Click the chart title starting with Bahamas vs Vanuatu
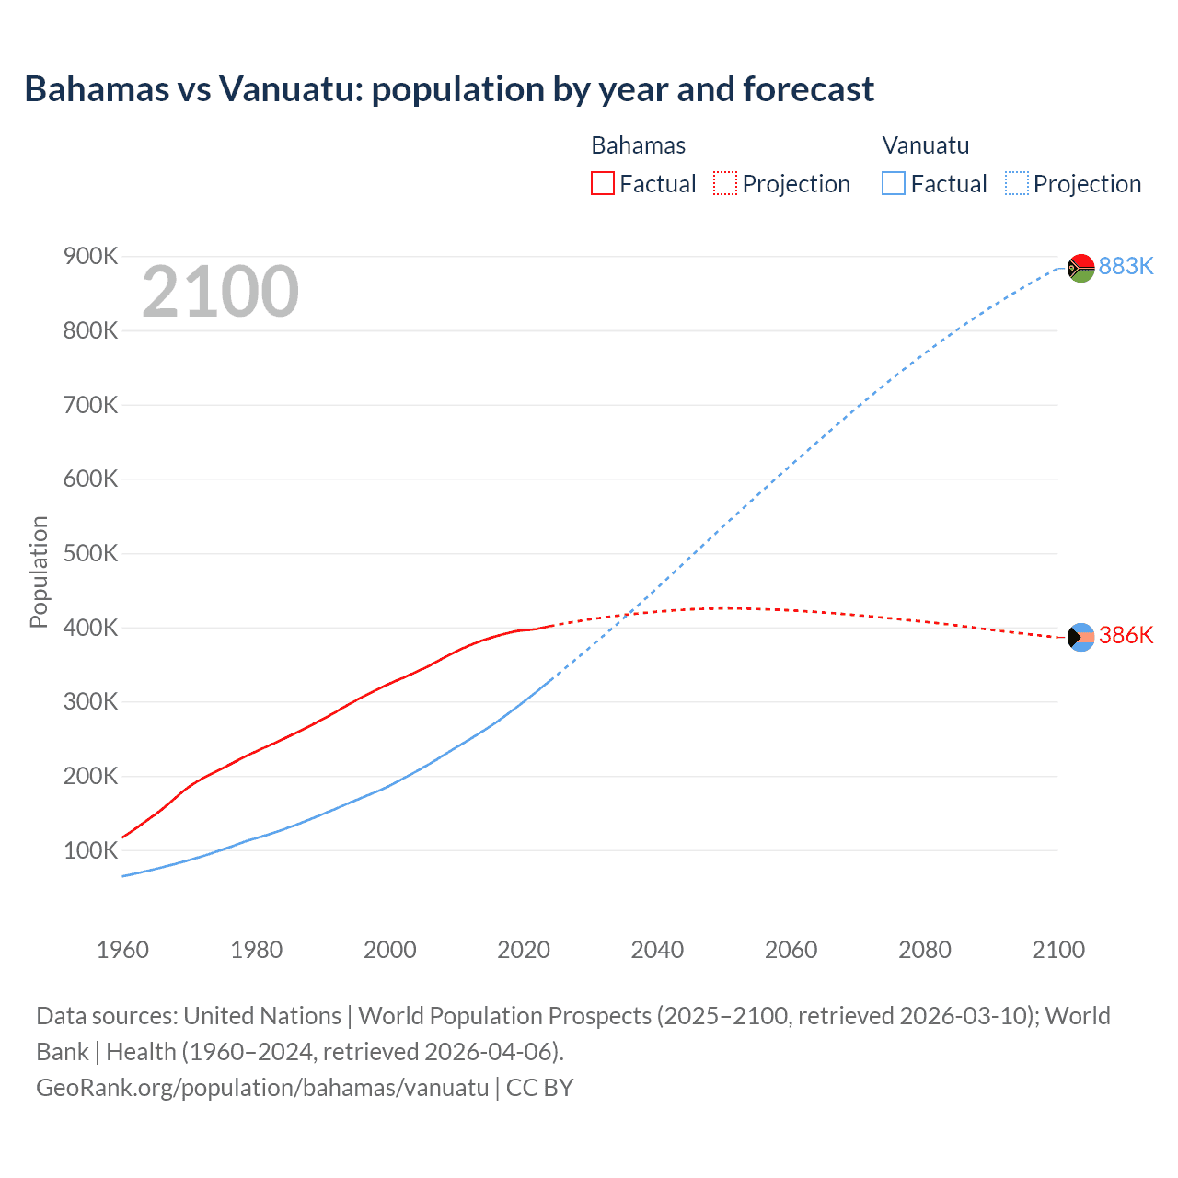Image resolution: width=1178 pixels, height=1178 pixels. (449, 89)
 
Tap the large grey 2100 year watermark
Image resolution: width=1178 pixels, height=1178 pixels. (220, 292)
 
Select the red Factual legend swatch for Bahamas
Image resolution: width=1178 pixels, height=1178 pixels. (602, 183)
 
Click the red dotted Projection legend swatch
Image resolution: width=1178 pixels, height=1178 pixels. (725, 183)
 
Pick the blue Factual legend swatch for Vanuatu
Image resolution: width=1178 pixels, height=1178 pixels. (893, 183)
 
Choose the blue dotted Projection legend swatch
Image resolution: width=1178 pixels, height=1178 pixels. (1017, 183)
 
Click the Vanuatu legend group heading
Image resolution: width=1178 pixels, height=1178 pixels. (925, 145)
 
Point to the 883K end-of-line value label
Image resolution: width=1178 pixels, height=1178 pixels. (1126, 266)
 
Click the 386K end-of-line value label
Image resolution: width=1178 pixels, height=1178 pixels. (1126, 636)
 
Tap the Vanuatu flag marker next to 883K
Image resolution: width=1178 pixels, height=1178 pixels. (1080, 268)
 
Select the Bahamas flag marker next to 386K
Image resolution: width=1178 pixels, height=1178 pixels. (1080, 637)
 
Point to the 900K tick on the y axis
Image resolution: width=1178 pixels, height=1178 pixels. (90, 256)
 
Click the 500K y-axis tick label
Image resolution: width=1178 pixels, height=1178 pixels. (90, 553)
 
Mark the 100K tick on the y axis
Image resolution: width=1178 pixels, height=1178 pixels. (90, 850)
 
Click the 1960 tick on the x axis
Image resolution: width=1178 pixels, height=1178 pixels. (122, 950)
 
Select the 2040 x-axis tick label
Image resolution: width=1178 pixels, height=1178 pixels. (657, 950)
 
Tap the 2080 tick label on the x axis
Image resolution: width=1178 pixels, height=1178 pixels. (924, 950)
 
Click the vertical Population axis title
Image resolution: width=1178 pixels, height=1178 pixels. (39, 572)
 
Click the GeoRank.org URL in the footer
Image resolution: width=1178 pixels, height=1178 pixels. (262, 1088)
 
